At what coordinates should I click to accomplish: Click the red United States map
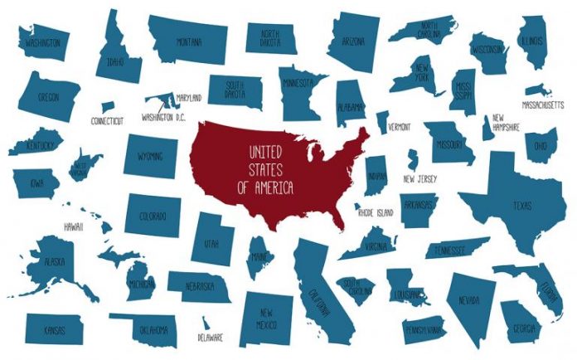[274, 170]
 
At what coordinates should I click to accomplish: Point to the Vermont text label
[399, 127]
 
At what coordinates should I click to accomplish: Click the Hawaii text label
[74, 226]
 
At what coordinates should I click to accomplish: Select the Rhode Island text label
[376, 212]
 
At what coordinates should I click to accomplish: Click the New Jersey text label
[421, 178]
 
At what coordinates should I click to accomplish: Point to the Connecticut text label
[107, 121]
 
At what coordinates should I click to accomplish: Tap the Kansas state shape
[54, 328]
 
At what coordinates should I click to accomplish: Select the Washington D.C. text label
[163, 118]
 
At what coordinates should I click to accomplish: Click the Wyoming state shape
[151, 156]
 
